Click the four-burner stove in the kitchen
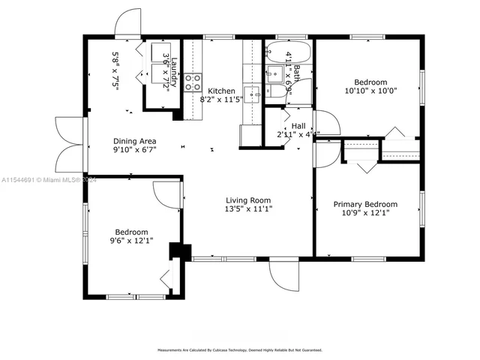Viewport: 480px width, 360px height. click(x=193, y=82)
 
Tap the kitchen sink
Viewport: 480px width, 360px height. click(x=253, y=93)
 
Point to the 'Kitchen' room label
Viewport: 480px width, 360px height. click(x=222, y=90)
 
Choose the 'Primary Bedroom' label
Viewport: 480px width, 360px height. click(x=365, y=203)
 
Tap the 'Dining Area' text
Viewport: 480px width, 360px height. click(x=134, y=141)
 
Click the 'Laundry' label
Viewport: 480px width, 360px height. click(x=173, y=73)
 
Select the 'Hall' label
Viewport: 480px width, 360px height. click(x=298, y=126)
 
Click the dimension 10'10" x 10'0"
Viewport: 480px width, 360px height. click(x=370, y=91)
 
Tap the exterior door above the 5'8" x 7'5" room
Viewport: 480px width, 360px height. click(x=128, y=24)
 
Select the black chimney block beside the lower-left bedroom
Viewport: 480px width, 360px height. click(x=177, y=250)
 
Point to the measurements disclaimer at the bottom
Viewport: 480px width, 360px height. click(x=239, y=349)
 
